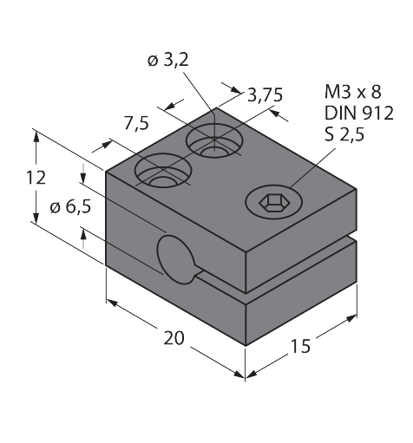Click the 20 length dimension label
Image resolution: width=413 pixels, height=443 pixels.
(x=174, y=338)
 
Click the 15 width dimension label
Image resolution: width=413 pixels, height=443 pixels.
(x=300, y=346)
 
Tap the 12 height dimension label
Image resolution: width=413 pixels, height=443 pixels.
(x=36, y=178)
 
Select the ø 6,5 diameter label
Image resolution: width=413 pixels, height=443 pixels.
(x=70, y=206)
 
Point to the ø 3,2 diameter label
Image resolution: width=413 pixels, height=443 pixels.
(x=168, y=60)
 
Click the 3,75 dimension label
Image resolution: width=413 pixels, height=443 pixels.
(x=265, y=94)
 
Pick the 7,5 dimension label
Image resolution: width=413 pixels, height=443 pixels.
(x=136, y=123)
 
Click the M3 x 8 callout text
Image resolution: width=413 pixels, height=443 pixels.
(x=353, y=92)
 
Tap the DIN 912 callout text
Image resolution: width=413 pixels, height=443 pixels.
(x=359, y=113)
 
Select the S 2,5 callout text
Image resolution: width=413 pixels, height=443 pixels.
(x=344, y=134)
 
